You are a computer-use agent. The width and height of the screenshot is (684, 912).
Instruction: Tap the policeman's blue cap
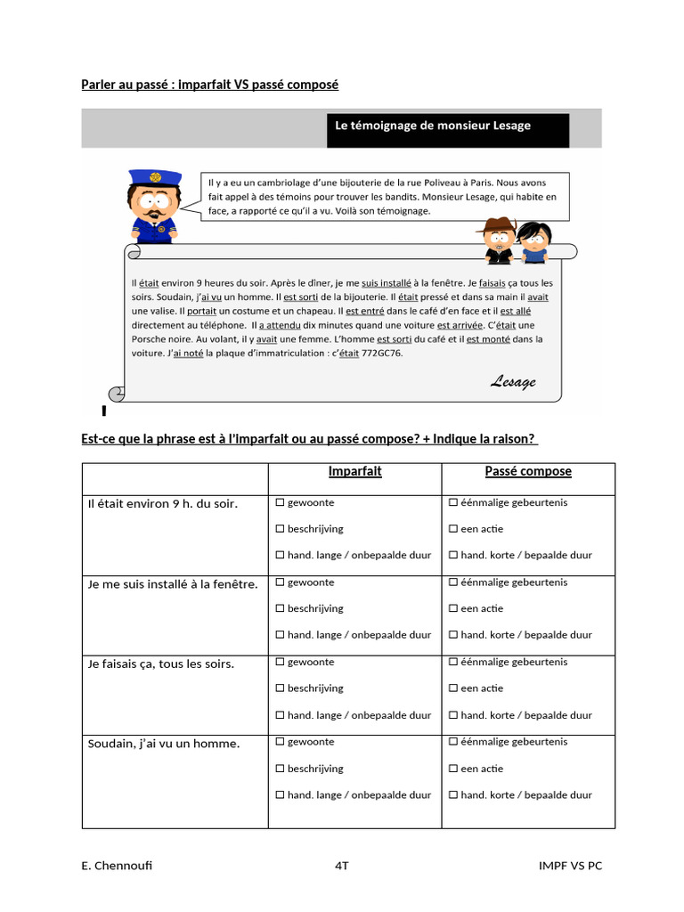pyautogui.click(x=154, y=177)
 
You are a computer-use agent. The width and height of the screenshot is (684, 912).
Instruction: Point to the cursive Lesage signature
pyautogui.click(x=513, y=382)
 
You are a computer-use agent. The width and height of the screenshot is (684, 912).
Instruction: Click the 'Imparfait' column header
pyautogui.click(x=354, y=471)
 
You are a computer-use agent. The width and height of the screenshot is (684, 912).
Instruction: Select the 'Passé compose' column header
pyautogui.click(x=528, y=471)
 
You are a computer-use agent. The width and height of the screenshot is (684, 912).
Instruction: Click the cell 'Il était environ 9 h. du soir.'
pyautogui.click(x=163, y=504)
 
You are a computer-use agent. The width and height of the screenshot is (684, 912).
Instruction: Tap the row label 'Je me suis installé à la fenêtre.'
pyautogui.click(x=173, y=584)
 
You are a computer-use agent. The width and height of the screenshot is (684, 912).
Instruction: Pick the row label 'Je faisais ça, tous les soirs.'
pyautogui.click(x=161, y=664)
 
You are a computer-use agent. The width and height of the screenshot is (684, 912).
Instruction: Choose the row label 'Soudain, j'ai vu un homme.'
pyautogui.click(x=164, y=744)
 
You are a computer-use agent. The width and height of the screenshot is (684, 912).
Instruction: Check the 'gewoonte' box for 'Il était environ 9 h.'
pyautogui.click(x=280, y=503)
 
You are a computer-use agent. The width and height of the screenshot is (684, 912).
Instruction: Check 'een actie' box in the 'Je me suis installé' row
pyautogui.click(x=453, y=609)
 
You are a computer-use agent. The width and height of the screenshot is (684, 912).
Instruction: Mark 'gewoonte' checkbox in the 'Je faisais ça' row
pyautogui.click(x=280, y=663)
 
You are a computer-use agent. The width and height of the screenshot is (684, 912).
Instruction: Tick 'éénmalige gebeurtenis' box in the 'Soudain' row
pyautogui.click(x=453, y=742)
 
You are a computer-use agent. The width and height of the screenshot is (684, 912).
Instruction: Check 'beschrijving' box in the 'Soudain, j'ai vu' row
pyautogui.click(x=280, y=769)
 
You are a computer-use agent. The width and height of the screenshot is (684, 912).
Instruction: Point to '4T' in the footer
pyautogui.click(x=342, y=866)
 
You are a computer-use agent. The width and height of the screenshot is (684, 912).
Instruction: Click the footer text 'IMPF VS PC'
pyautogui.click(x=570, y=866)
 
